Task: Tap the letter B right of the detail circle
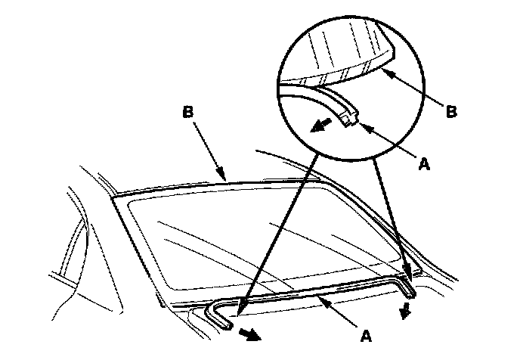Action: tap(451, 111)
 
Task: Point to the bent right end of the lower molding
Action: tap(409, 286)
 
